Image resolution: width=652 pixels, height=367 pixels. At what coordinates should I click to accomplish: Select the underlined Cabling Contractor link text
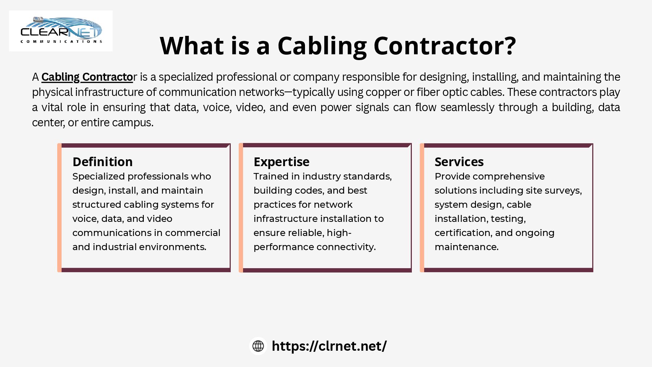click(87, 77)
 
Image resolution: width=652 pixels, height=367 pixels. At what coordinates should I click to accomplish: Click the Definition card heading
click(103, 162)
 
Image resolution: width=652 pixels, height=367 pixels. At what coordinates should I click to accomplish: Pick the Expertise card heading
click(281, 162)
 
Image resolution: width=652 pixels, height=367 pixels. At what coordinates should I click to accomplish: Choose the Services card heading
click(459, 162)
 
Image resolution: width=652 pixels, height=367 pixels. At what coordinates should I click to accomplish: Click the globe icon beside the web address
click(258, 346)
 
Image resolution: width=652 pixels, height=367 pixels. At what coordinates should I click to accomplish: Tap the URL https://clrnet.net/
click(329, 346)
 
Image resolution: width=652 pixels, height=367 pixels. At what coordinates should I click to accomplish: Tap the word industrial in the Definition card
click(114, 247)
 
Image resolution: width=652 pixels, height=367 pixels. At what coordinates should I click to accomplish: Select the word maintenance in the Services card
click(467, 247)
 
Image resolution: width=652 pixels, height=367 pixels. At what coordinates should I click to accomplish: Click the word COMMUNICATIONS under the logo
click(61, 42)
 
